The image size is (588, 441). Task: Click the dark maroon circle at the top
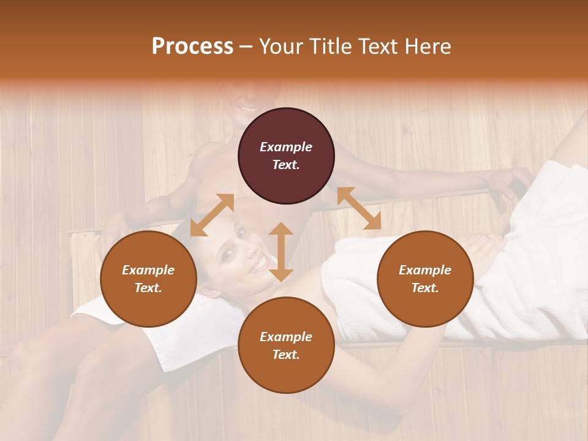pos(286,156)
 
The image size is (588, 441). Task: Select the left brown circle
pos(148,279)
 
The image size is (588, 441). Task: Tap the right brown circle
pos(425,279)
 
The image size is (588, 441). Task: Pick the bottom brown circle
pos(286,345)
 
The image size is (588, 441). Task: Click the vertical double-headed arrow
pos(281,252)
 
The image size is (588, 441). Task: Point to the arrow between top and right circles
pos(359,208)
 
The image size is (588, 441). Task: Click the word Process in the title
pos(192,46)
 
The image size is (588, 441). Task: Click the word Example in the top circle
pos(286,147)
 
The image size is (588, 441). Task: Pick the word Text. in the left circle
pos(148,288)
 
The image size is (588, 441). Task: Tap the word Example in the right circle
pos(425,269)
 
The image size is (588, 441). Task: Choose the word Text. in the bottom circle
pos(286,355)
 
